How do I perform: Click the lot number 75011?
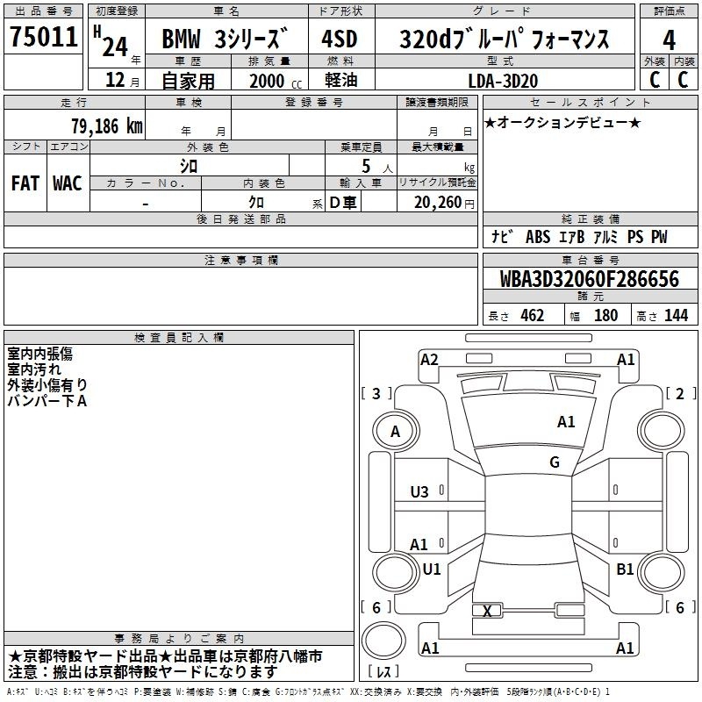click(x=43, y=36)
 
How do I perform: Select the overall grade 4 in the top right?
click(x=669, y=40)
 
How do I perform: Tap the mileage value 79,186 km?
click(x=106, y=126)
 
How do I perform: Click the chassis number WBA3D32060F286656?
click(x=589, y=279)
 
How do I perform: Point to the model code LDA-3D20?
click(x=503, y=81)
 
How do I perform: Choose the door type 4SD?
click(x=340, y=39)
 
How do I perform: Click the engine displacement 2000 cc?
click(x=276, y=81)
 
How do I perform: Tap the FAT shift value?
click(x=25, y=183)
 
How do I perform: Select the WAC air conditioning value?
click(x=68, y=183)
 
